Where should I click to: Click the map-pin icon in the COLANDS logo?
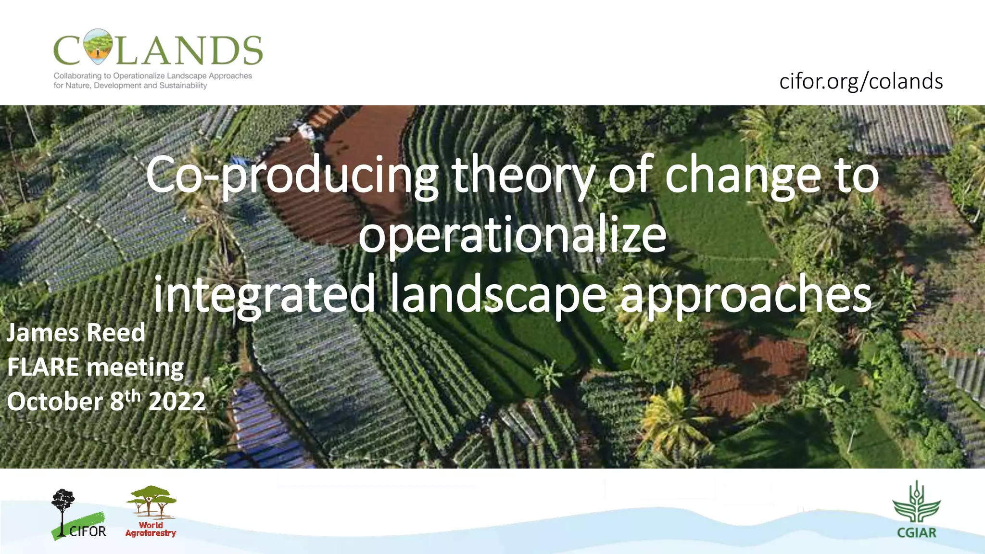coord(97,47)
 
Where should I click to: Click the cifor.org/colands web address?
coord(860,81)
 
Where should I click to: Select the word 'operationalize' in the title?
coord(512,236)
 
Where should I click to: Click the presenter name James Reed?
coord(76,333)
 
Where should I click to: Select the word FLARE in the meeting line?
coord(43,367)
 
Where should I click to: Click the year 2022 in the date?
coord(177,402)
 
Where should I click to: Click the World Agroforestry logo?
coord(151,511)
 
